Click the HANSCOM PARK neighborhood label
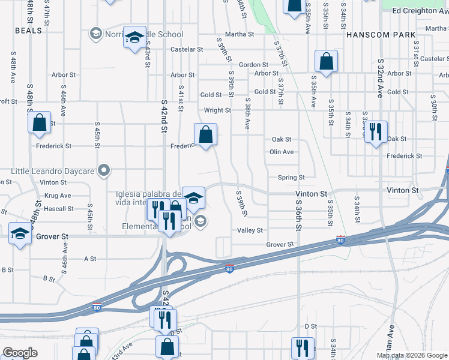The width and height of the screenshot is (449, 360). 381,35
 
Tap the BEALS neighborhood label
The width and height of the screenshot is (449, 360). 28,30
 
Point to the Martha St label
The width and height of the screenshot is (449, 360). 240,34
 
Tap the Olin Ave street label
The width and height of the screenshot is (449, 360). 282,152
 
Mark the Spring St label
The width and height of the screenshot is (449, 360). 291,178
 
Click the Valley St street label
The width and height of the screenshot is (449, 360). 250,230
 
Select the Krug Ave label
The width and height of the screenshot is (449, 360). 58,196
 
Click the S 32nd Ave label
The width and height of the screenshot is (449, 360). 380,78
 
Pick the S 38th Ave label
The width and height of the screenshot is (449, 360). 247,113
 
